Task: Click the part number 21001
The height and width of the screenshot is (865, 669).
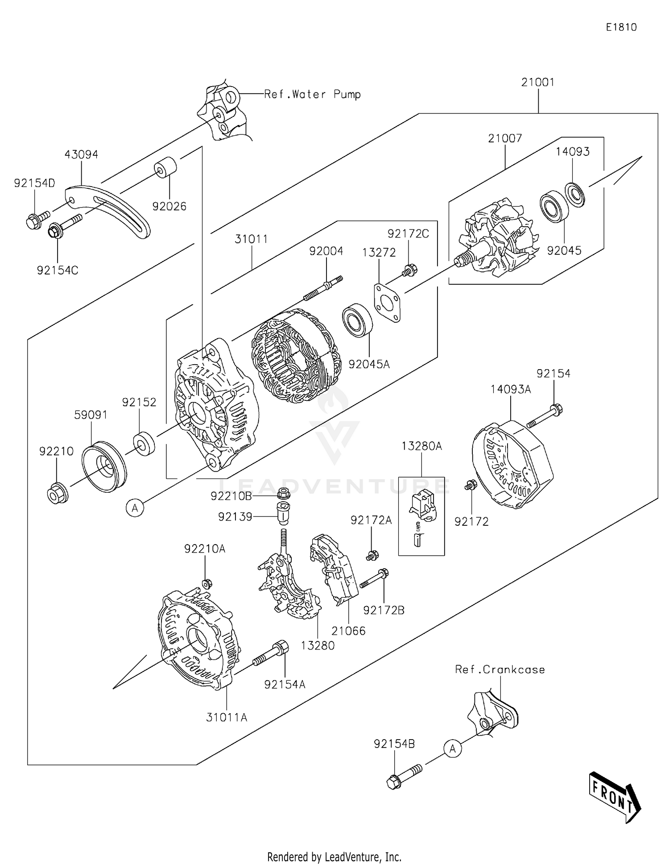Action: (538, 83)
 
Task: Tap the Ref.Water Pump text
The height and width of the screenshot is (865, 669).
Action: (312, 95)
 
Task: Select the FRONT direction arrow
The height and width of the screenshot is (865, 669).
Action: (615, 797)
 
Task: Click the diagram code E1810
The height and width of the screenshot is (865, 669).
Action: (621, 27)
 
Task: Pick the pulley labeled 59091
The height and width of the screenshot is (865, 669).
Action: (104, 466)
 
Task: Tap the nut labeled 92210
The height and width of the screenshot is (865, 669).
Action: (57, 493)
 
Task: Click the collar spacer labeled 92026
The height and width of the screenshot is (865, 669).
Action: (165, 167)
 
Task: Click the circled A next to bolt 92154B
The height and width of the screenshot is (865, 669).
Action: (452, 749)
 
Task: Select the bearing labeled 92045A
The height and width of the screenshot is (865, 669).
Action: (357, 320)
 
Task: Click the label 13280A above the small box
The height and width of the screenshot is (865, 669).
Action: (421, 446)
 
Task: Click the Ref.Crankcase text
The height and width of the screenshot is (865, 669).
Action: (500, 670)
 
